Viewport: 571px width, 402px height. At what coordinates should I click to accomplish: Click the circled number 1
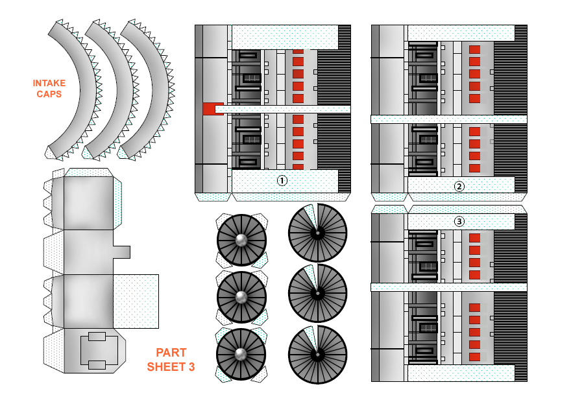tap(282, 181)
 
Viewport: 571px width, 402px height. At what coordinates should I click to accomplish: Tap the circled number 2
tap(459, 187)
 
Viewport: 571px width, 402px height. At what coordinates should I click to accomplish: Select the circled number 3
tap(459, 221)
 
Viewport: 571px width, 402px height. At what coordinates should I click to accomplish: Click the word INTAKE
tap(49, 83)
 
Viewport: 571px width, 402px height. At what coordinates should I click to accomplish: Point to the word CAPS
tap(49, 94)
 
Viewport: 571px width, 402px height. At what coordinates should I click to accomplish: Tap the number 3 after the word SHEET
tap(191, 367)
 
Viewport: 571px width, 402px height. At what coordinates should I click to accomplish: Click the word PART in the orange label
tap(171, 353)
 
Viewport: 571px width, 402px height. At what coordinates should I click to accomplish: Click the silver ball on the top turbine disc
tap(241, 241)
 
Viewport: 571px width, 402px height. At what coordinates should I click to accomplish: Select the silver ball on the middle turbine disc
tap(241, 298)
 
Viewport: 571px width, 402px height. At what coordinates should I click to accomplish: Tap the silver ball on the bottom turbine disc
tap(241, 353)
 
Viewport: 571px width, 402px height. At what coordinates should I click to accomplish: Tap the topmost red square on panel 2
tap(474, 50)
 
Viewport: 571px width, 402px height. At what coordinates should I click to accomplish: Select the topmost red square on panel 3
tap(474, 238)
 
